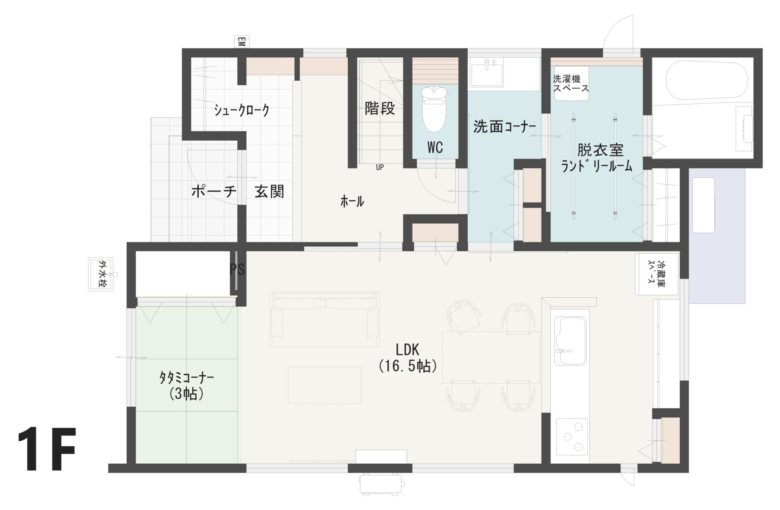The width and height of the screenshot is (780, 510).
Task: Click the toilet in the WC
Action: click(x=434, y=109)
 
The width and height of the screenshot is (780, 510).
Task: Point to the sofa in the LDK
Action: click(x=325, y=319)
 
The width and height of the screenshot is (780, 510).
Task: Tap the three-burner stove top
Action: click(x=572, y=436)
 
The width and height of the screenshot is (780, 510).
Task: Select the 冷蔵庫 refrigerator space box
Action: click(x=656, y=274)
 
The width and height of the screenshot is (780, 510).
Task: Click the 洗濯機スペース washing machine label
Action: click(x=571, y=83)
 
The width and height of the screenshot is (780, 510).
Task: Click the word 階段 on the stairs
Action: click(x=380, y=108)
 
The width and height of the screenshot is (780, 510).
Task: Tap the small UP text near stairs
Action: click(x=380, y=167)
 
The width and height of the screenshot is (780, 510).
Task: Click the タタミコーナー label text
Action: click(x=186, y=378)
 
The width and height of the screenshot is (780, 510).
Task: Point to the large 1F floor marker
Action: click(x=47, y=449)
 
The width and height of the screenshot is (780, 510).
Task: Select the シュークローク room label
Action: click(x=242, y=110)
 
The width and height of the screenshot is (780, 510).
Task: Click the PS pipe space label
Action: click(x=238, y=269)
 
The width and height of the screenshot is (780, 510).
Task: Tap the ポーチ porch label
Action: click(x=214, y=191)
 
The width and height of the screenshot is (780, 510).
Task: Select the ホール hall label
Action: click(x=352, y=201)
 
